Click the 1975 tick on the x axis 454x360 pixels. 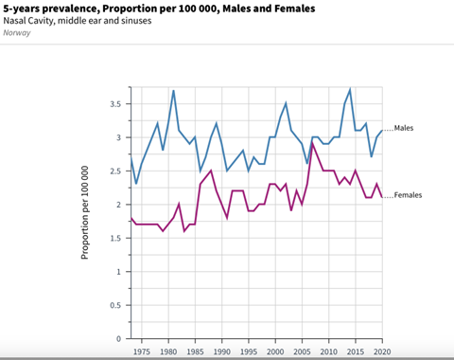pos(141,351)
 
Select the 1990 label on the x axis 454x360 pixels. pos(221,351)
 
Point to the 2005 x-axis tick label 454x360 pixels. pos(302,351)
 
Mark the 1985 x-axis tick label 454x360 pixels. pos(195,351)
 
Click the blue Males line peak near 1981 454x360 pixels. pos(173,91)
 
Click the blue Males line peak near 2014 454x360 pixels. pos(350,90)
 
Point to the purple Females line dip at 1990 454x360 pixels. pos(227,218)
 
